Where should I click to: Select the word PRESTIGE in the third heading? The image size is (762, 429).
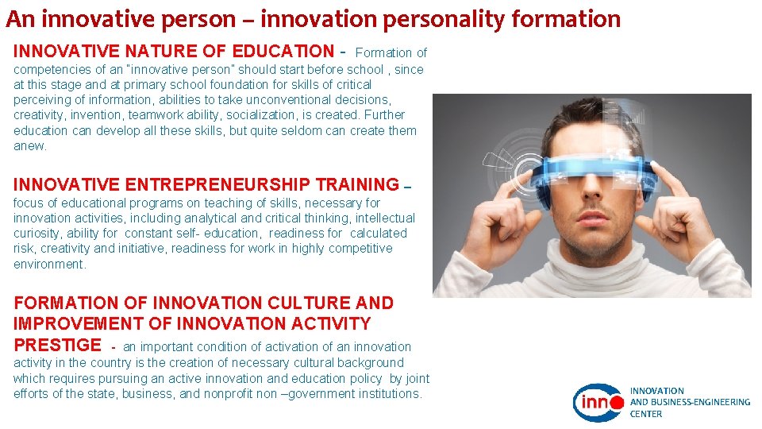[57, 345]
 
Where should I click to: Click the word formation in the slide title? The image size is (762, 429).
[574, 17]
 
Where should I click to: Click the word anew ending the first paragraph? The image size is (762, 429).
[29, 146]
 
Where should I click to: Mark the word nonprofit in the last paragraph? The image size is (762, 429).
[231, 394]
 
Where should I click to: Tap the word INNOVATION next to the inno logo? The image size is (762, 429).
[657, 391]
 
